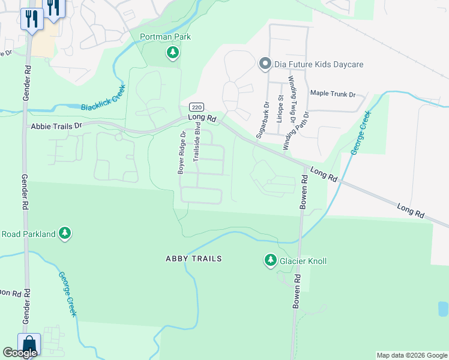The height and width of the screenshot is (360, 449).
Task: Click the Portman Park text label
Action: pos(165,37)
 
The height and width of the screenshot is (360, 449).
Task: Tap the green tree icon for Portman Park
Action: pos(173,53)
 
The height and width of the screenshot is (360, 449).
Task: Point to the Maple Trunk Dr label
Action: pos(333,94)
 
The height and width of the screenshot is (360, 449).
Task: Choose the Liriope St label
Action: pos(280,108)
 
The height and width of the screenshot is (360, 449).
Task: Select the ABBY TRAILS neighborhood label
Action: pos(194,259)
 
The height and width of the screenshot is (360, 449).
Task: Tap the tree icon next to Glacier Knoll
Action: pos(270,260)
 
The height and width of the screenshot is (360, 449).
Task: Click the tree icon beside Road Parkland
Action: pos(65,233)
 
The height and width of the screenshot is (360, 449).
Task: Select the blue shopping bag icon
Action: pos(29,344)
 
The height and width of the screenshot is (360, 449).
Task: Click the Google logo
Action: pos(20,353)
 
